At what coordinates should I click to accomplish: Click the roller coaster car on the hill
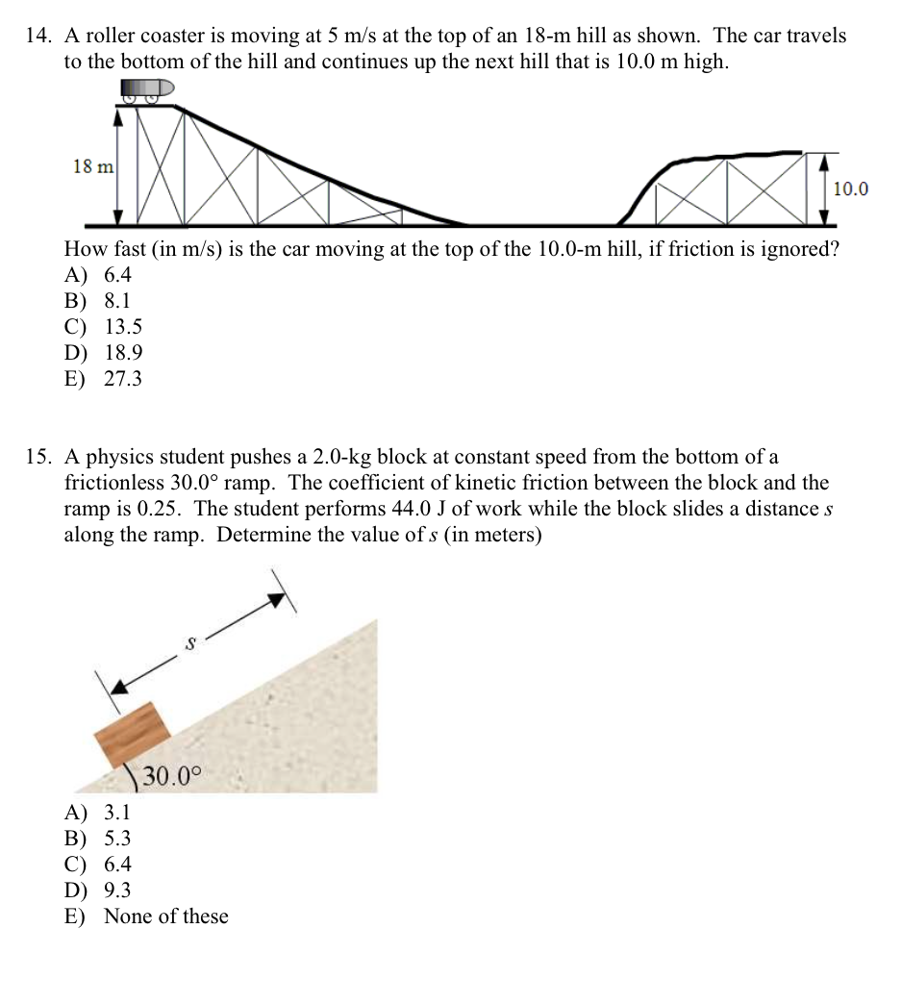coord(147,89)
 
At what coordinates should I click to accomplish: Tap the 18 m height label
coord(93,166)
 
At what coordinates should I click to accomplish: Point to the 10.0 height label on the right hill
coord(850,188)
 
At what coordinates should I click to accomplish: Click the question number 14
coord(38,37)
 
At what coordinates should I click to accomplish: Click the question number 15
coord(38,457)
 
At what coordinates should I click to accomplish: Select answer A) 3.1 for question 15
coord(97,812)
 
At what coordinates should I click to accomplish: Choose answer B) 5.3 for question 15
coord(97,838)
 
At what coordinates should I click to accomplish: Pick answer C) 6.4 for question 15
coord(98,864)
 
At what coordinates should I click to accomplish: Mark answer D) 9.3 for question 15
coord(98,890)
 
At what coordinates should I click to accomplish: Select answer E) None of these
coord(146,916)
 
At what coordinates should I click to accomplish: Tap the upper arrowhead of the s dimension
coord(277,600)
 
